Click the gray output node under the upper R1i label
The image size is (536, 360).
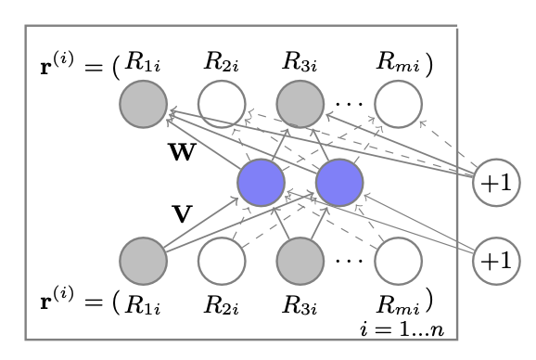point(143,103)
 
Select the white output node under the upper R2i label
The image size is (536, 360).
point(222,103)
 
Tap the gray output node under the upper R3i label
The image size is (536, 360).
point(301,103)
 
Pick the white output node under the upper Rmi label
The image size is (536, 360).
point(398,103)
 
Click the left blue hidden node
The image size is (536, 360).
point(261,183)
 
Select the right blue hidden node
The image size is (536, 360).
point(339,183)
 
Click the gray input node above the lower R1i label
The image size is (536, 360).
point(143,261)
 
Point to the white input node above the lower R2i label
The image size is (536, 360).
point(222,261)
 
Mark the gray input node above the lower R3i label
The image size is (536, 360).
point(301,261)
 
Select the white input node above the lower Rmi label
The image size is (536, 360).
point(398,261)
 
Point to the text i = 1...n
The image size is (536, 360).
point(409,328)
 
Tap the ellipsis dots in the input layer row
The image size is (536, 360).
point(350,262)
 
